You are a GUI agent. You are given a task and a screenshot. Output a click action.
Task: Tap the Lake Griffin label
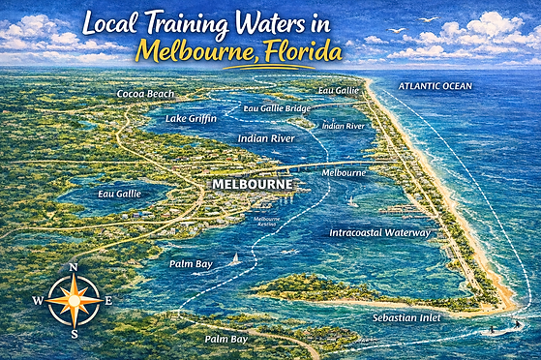pyautogui.click(x=191, y=117)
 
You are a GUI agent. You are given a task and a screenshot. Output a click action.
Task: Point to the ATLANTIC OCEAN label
pyautogui.click(x=436, y=86)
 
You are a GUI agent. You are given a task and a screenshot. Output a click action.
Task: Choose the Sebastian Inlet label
pyautogui.click(x=408, y=317)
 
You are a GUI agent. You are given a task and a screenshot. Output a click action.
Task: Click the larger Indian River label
pyautogui.click(x=266, y=139)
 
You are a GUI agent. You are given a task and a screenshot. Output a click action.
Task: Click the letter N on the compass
pyautogui.click(x=74, y=268)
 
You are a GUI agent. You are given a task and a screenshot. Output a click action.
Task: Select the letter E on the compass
pyautogui.click(x=107, y=301)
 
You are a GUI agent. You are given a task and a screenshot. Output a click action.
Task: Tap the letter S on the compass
pyautogui.click(x=74, y=334)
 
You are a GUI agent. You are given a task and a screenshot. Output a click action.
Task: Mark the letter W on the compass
pyautogui.click(x=38, y=301)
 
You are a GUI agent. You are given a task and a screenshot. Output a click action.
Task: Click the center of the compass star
pyautogui.click(x=74, y=301)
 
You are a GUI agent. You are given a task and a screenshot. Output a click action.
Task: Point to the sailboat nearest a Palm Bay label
pyautogui.click(x=236, y=259)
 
